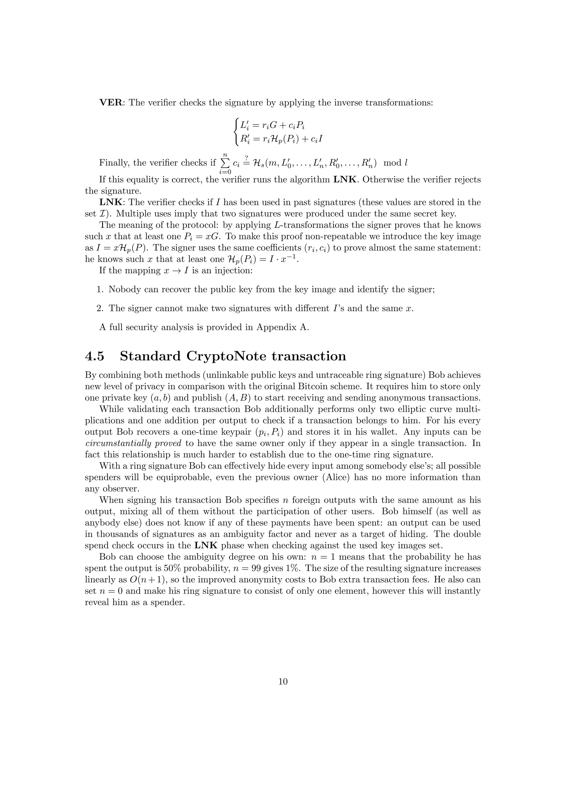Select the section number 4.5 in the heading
[x=95, y=356]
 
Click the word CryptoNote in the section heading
[x=227, y=356]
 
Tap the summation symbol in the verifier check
[x=225, y=163]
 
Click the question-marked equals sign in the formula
[x=247, y=162]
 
